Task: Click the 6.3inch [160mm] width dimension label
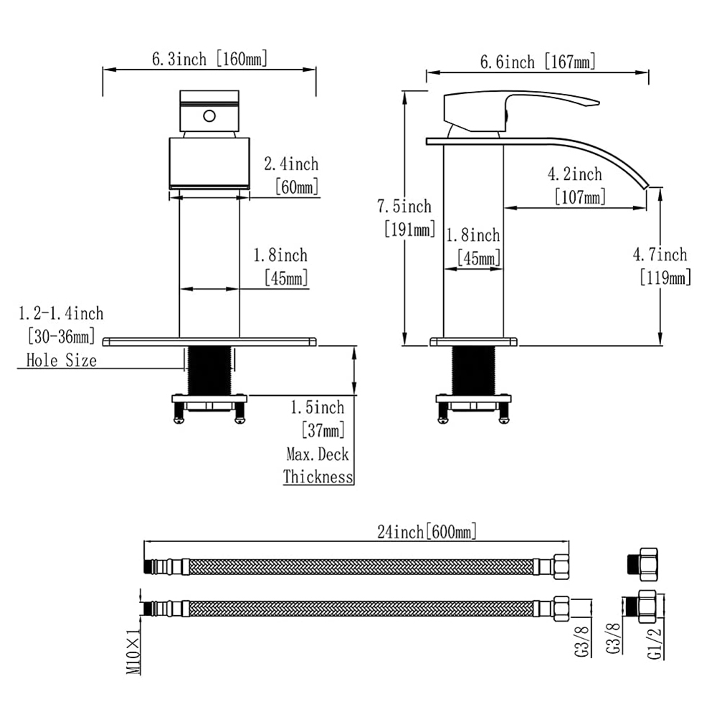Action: (209, 59)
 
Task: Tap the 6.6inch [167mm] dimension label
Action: (538, 62)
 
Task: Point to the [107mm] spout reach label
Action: (579, 196)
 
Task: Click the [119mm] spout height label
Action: (665, 277)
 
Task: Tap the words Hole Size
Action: (61, 360)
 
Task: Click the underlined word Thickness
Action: (318, 476)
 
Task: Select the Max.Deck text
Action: (318, 455)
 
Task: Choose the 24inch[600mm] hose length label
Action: (427, 532)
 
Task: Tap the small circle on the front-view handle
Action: (209, 115)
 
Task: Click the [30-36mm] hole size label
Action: (61, 336)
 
